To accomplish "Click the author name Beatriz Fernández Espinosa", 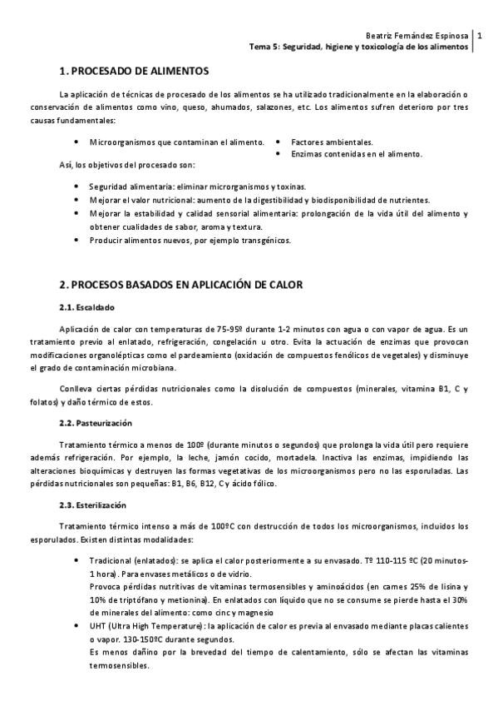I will click(417, 36).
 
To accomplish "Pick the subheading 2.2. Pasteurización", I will click(101, 423).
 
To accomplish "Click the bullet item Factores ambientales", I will click(332, 142).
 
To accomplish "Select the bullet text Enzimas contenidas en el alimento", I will click(356, 154).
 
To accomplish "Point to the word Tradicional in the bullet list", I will click(111, 561).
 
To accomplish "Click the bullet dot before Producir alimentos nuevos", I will click(76, 241).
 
